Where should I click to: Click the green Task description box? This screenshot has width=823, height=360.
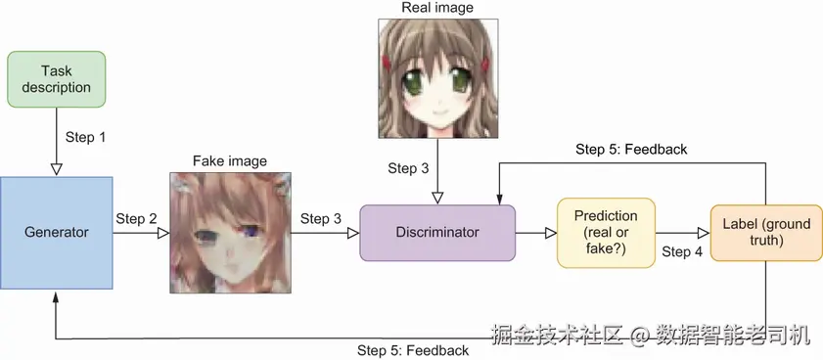click(56, 79)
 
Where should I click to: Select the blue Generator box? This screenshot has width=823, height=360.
click(56, 232)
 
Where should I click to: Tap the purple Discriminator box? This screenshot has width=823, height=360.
click(436, 233)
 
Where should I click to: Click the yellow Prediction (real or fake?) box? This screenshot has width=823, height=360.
click(606, 232)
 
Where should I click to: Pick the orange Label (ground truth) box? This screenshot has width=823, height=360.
click(760, 232)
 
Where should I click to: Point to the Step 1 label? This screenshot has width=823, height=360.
click(86, 137)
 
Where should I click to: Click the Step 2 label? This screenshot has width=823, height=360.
click(136, 218)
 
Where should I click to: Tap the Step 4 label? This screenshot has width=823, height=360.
click(682, 251)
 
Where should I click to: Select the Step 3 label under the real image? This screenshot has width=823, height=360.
click(408, 168)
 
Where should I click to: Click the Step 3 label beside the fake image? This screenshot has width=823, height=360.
click(321, 218)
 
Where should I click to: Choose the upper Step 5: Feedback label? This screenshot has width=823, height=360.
click(631, 150)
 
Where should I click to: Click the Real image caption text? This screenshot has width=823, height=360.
click(437, 9)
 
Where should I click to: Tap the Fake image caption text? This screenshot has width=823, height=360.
click(229, 160)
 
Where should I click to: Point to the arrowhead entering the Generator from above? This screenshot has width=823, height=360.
click(56, 170)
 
